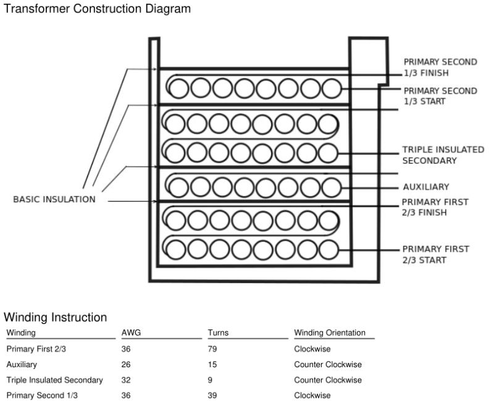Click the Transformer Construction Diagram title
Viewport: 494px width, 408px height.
pyautogui.click(x=97, y=9)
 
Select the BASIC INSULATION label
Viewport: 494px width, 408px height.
pyautogui.click(x=54, y=200)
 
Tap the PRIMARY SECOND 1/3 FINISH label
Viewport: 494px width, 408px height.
pyautogui.click(x=440, y=67)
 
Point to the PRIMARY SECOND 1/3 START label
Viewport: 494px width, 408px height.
pyautogui.click(x=440, y=96)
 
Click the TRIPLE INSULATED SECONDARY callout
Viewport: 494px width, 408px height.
pyautogui.click(x=443, y=155)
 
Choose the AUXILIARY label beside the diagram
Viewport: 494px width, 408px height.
pyautogui.click(x=426, y=187)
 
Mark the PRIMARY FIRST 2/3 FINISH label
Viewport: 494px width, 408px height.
pyautogui.click(x=435, y=207)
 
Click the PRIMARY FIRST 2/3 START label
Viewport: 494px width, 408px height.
pyautogui.click(x=435, y=254)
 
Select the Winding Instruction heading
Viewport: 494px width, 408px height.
pyautogui.click(x=56, y=318)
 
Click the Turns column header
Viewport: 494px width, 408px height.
pyautogui.click(x=218, y=333)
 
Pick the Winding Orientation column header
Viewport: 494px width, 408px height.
pyautogui.click(x=330, y=333)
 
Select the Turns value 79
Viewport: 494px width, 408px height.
pyautogui.click(x=212, y=349)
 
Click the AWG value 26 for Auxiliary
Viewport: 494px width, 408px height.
pyautogui.click(x=127, y=365)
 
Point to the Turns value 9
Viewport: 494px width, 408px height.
pyautogui.click(x=211, y=380)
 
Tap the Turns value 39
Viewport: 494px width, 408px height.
pyautogui.click(x=212, y=396)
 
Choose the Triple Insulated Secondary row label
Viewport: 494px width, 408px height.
pyautogui.click(x=54, y=380)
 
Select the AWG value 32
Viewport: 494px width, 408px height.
pyautogui.click(x=127, y=380)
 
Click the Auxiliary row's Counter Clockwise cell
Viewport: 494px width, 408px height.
pyautogui.click(x=328, y=365)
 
